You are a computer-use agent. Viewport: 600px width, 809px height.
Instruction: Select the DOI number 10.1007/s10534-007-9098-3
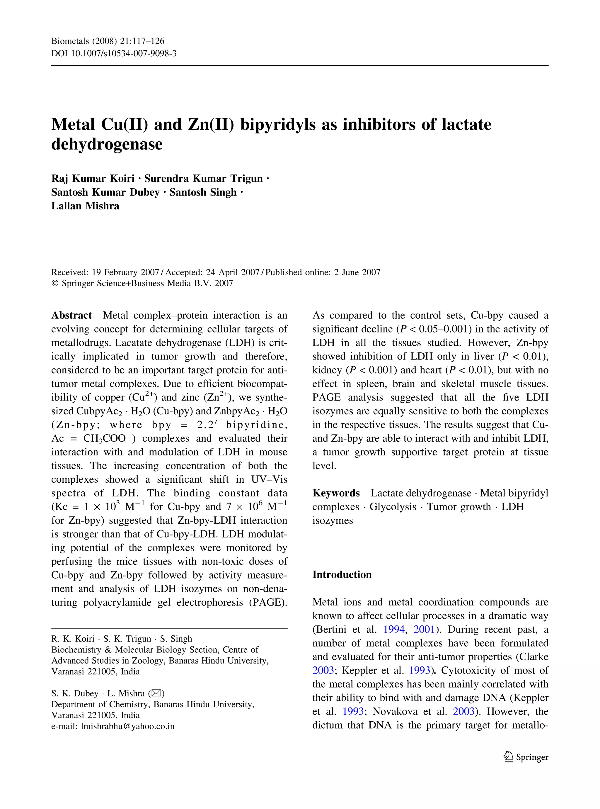point(124,54)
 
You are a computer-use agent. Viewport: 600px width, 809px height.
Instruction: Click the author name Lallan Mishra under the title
point(85,206)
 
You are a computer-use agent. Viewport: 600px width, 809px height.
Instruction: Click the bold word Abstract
point(71,315)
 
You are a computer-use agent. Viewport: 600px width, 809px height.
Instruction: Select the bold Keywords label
point(336,493)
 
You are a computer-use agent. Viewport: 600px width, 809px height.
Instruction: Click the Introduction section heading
point(342,575)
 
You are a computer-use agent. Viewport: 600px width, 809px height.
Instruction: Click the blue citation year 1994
point(394,630)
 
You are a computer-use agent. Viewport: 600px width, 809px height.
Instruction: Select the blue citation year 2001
point(424,630)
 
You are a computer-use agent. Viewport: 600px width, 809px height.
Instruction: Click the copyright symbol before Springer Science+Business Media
point(55,284)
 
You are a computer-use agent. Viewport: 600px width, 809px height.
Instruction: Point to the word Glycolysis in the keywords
point(393,507)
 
